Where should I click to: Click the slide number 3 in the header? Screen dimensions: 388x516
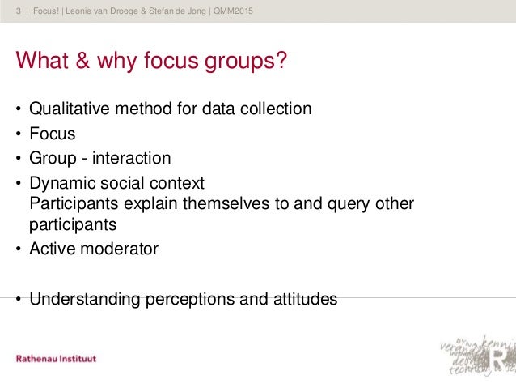[19, 10]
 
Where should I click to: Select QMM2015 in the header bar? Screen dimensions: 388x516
[243, 10]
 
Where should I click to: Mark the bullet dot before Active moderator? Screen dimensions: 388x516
[16, 249]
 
